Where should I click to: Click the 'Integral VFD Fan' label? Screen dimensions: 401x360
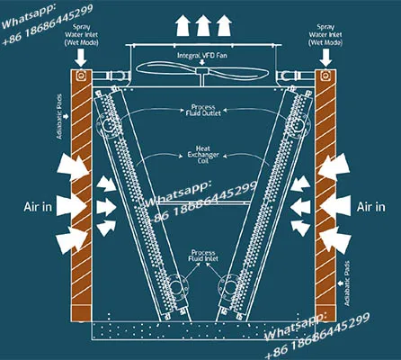(x=202, y=56)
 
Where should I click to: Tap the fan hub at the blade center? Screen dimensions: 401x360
(x=202, y=71)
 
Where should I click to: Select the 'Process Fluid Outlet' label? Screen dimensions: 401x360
(x=203, y=110)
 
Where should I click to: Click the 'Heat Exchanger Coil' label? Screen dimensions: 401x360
(x=203, y=155)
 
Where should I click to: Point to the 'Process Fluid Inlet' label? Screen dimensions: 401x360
(x=203, y=256)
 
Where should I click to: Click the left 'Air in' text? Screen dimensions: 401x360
(x=38, y=207)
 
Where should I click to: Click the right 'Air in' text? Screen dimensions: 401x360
(x=371, y=207)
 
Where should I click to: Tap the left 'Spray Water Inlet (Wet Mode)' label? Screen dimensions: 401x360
(x=82, y=35)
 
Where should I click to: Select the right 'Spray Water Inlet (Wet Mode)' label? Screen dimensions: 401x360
(x=325, y=35)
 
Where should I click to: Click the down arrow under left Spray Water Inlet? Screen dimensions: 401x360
(x=80, y=58)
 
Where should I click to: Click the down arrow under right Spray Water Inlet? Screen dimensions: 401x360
(x=325, y=58)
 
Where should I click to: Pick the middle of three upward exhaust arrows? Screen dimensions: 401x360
(x=203, y=25)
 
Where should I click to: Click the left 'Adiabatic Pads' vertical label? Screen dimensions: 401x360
(x=59, y=116)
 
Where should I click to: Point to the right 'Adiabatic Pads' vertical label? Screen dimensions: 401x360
(x=347, y=283)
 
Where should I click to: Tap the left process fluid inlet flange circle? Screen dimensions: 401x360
(x=177, y=287)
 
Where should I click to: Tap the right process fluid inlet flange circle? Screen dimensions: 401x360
(x=229, y=287)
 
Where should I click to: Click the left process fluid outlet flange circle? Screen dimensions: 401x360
(x=108, y=126)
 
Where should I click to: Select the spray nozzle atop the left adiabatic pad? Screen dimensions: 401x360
(x=80, y=76)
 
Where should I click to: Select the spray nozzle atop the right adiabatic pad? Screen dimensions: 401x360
(x=325, y=76)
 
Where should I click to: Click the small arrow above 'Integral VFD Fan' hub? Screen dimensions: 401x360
(x=202, y=62)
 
